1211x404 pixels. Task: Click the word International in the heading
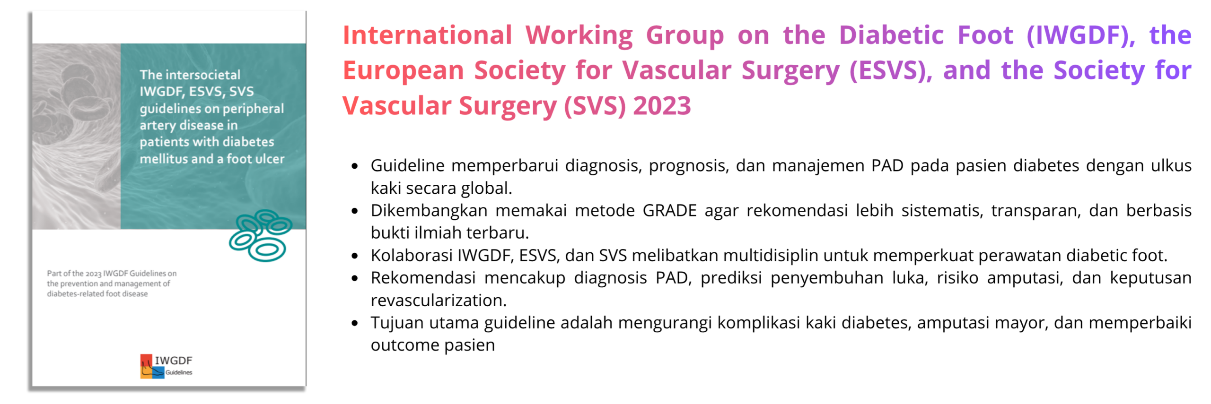click(427, 35)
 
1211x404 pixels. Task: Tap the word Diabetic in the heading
click(891, 35)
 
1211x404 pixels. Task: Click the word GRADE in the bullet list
click(669, 210)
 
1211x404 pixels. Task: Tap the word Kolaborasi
click(412, 255)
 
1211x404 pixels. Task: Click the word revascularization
click(439, 301)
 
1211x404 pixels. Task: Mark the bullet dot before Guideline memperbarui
click(354, 166)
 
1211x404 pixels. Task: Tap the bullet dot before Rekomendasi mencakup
click(354, 278)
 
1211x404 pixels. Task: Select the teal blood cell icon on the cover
click(260, 235)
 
